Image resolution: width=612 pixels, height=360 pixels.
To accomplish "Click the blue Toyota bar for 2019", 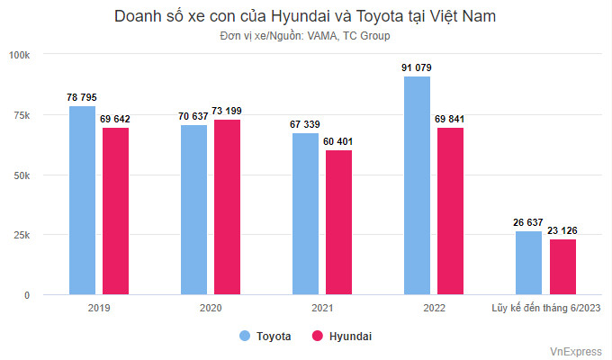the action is pyautogui.click(x=83, y=201).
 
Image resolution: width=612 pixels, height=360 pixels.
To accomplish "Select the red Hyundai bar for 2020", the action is pyautogui.click(x=227, y=207).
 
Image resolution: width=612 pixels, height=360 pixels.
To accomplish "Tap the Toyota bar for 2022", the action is pyautogui.click(x=418, y=185).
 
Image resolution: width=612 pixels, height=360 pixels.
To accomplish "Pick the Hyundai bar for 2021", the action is pyautogui.click(x=338, y=222).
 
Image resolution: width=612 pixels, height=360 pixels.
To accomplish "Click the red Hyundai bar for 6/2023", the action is pyautogui.click(x=562, y=266).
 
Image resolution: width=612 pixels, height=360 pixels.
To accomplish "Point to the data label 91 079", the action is pyautogui.click(x=417, y=67).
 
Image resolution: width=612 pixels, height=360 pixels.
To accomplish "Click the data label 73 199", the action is pyautogui.click(x=227, y=111).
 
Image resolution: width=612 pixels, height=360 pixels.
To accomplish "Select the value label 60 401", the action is pyautogui.click(x=338, y=141).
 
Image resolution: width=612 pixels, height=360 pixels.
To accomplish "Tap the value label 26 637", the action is pyautogui.click(x=528, y=222).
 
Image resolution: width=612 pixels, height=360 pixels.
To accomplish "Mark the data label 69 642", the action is pyautogui.click(x=115, y=119).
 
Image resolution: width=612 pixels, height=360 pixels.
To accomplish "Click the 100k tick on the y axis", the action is pyautogui.click(x=19, y=55).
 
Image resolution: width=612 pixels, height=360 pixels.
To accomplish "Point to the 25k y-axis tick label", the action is pyautogui.click(x=22, y=235).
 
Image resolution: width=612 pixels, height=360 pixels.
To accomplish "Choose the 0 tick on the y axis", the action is pyautogui.click(x=27, y=295).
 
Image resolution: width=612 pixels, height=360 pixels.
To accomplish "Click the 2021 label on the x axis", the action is pyautogui.click(x=322, y=308).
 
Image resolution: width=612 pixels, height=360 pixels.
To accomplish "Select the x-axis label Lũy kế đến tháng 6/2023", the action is pyautogui.click(x=546, y=308).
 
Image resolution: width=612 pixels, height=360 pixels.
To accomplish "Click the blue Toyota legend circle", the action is pyautogui.click(x=245, y=336).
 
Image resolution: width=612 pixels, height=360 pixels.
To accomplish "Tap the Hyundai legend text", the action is pyautogui.click(x=350, y=337).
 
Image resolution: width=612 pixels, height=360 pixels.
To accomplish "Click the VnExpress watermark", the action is pyautogui.click(x=576, y=351).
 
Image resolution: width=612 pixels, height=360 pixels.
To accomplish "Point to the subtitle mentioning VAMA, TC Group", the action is pyautogui.click(x=305, y=36).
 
